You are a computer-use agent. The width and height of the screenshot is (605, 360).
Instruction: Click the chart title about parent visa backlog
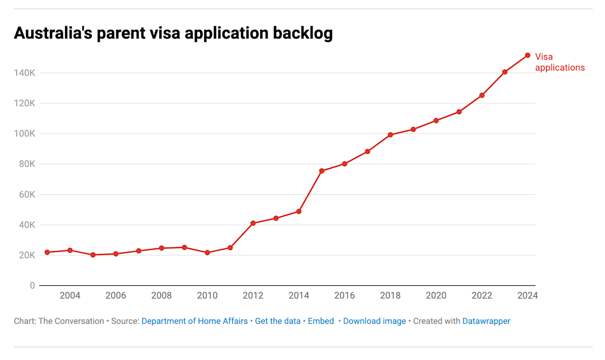(173, 33)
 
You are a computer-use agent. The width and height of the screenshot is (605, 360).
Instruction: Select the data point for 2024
(527, 55)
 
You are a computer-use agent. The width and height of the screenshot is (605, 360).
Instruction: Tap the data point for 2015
(322, 171)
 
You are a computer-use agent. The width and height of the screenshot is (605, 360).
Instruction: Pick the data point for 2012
(253, 223)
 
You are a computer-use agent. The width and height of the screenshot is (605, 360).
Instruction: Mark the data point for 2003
(47, 252)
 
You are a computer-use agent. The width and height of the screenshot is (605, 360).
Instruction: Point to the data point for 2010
(207, 253)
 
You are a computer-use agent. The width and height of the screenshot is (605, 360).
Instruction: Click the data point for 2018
(390, 135)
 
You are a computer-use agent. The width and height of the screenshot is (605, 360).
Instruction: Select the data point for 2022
(482, 95)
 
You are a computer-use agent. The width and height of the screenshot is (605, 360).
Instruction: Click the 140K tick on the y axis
(25, 73)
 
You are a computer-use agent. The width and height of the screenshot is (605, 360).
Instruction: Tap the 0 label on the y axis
(32, 285)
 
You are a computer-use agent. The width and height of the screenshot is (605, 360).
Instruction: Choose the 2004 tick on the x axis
(70, 295)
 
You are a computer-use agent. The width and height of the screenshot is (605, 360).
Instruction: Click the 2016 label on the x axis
(344, 295)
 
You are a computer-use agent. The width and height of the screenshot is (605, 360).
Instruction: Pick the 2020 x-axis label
(436, 295)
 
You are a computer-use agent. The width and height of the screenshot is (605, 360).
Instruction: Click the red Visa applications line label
(560, 62)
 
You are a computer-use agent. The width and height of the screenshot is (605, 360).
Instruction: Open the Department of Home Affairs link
(195, 321)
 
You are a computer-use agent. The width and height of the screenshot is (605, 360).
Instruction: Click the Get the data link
(278, 321)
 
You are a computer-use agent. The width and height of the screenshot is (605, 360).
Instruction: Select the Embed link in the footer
(321, 321)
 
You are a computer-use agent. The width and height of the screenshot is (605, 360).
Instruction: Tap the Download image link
(375, 321)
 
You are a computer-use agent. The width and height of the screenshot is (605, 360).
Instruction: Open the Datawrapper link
(487, 321)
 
